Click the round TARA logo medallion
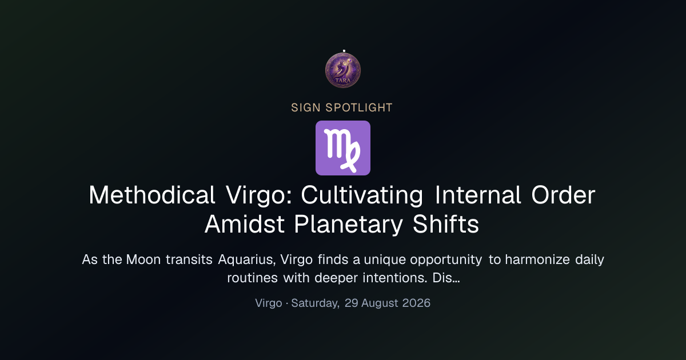pos(343,70)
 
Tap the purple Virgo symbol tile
pos(343,148)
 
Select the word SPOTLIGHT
pos(359,108)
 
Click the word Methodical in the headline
pos(152,195)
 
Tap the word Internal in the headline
pos(478,195)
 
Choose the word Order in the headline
pos(563,195)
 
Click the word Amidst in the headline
pos(245,224)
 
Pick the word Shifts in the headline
pos(445,224)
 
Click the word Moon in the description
pos(143,259)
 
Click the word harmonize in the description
pos(537,259)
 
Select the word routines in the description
pos(252,278)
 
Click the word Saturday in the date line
pos(315,303)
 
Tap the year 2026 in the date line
pos(416,303)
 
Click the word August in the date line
pos(380,303)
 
